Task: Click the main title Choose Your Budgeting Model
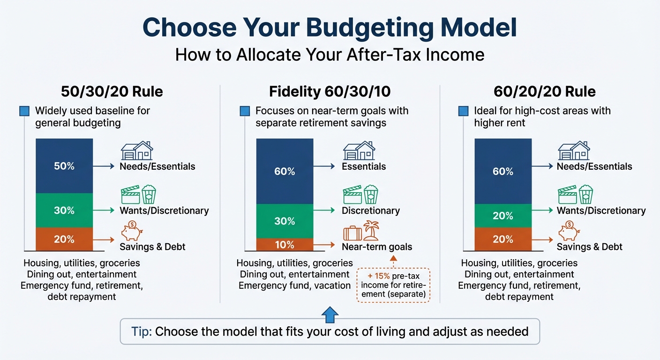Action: [330, 28]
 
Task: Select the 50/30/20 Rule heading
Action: [112, 91]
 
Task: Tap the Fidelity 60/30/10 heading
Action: [330, 91]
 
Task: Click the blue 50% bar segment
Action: [64, 166]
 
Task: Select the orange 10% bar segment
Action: [285, 245]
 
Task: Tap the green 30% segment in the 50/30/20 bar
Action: [64, 210]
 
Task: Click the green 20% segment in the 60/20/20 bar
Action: [503, 216]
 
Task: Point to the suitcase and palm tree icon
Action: [360, 232]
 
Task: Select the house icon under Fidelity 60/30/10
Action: [359, 151]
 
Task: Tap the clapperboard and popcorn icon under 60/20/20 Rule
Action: [575, 195]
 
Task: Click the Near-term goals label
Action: [377, 247]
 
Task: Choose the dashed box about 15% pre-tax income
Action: [393, 285]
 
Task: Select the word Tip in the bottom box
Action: [140, 332]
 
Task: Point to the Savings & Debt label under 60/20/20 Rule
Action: [589, 247]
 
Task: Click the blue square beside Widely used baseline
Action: [24, 112]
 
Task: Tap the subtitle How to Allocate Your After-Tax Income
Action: [330, 55]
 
